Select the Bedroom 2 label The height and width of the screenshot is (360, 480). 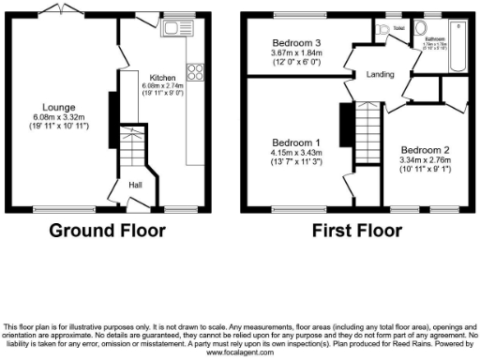click(x=427, y=150)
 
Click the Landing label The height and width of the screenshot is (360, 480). click(x=380, y=74)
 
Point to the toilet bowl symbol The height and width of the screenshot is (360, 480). click(x=383, y=32)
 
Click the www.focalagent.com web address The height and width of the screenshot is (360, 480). click(x=240, y=353)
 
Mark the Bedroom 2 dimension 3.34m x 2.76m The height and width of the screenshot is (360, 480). click(x=427, y=159)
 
